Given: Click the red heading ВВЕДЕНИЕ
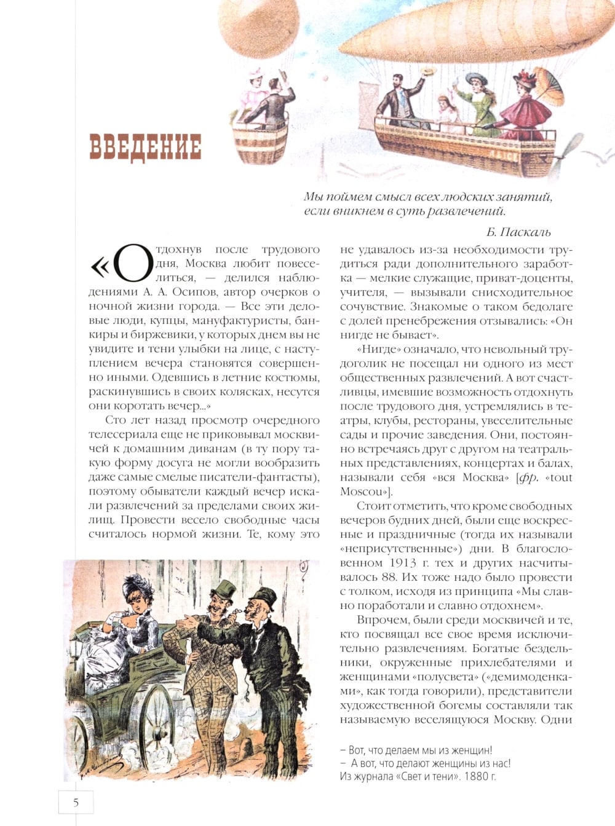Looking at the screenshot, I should [146, 147].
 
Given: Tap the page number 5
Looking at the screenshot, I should [76, 802].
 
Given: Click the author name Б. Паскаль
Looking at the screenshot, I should [518, 232].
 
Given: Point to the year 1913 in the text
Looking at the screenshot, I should [403, 563].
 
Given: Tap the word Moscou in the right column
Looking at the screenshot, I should [361, 492].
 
